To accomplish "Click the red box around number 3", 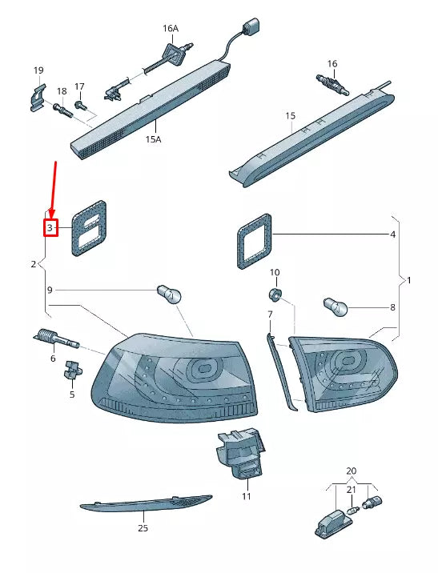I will pos(50,228).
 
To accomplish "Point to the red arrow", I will pos(54,189).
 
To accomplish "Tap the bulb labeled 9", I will pos(172,294).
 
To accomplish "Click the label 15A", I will pos(153,138).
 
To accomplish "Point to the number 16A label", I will pos(171,28).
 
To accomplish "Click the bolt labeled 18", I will pos(62,110).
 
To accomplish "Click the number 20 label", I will pos(350,471).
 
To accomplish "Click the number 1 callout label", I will pos(408,281).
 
